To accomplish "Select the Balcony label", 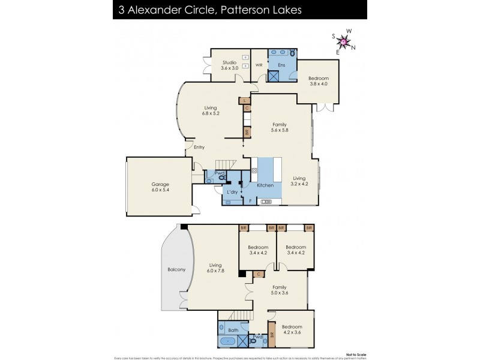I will click(x=176, y=269).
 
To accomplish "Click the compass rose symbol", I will click(x=344, y=41).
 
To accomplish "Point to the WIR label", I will click(x=259, y=64).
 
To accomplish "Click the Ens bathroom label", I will click(x=280, y=64).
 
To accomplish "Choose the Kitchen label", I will click(x=265, y=185).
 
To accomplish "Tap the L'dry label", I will click(x=232, y=191).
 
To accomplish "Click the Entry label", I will click(x=199, y=147).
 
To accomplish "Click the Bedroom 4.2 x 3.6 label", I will click(x=292, y=330).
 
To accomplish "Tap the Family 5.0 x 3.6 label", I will click(x=280, y=290).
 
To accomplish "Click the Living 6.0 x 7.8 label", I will click(x=215, y=268).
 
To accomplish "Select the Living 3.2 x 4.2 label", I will click(x=299, y=181).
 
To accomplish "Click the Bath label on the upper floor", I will click(x=233, y=330).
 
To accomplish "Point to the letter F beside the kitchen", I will click(x=251, y=201).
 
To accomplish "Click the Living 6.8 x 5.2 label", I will click(x=210, y=111).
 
